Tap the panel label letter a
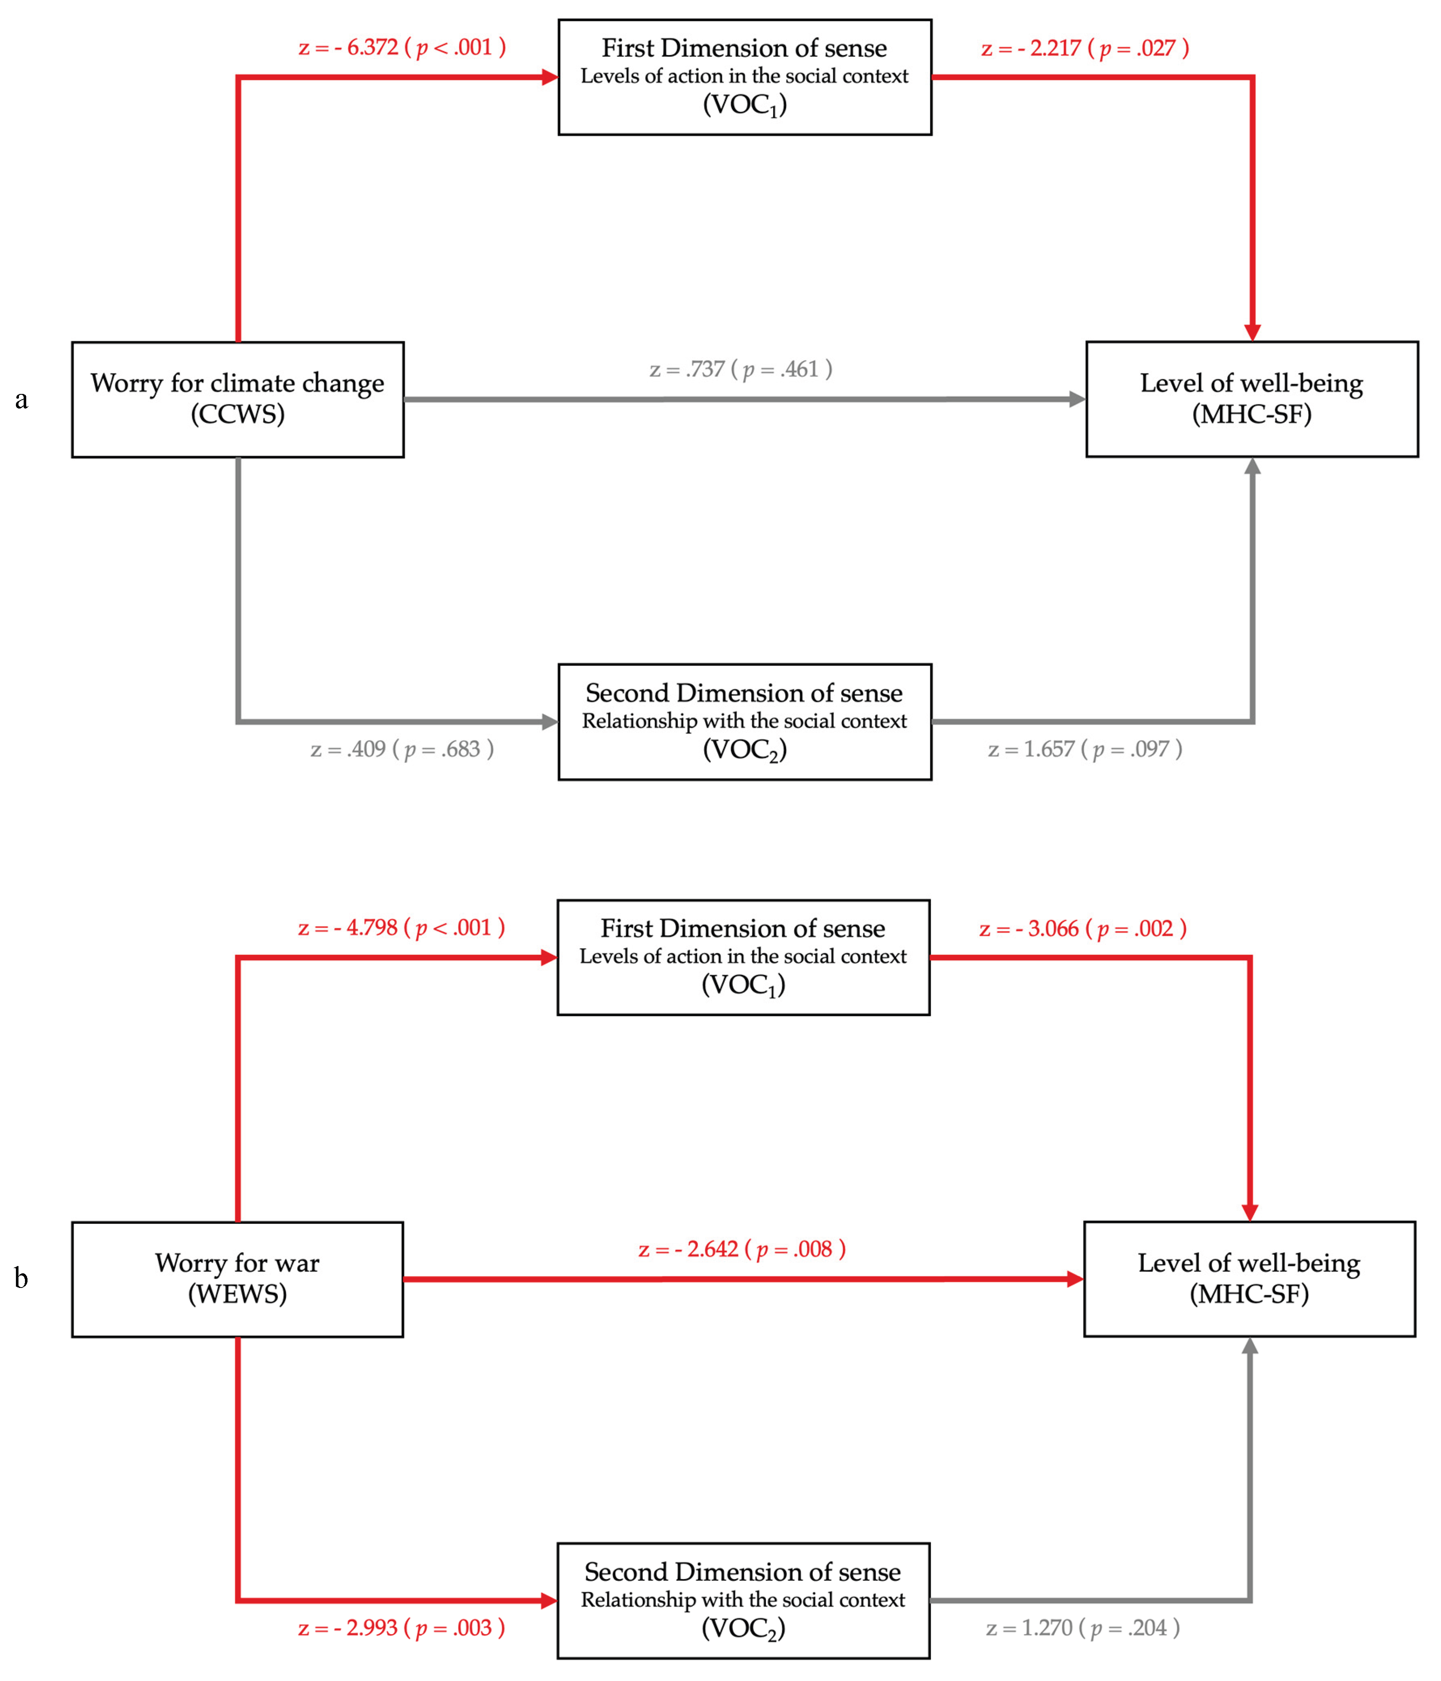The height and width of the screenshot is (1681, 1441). click(22, 399)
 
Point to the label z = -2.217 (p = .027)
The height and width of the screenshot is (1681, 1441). click(1085, 48)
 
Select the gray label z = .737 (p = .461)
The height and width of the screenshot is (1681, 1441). click(740, 369)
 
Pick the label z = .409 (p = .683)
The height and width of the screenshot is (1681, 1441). click(402, 749)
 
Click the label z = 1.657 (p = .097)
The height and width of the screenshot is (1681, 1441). click(1085, 749)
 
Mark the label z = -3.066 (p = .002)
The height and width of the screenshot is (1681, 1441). click(1082, 928)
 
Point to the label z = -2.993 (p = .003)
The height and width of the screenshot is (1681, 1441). click(401, 1627)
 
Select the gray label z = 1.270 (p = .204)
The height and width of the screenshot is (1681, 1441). click(1082, 1627)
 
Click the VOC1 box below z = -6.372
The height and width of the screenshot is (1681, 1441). click(744, 77)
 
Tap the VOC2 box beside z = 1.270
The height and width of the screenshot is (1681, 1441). click(742, 1600)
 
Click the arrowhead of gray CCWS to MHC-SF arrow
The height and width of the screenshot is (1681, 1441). click(1078, 399)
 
